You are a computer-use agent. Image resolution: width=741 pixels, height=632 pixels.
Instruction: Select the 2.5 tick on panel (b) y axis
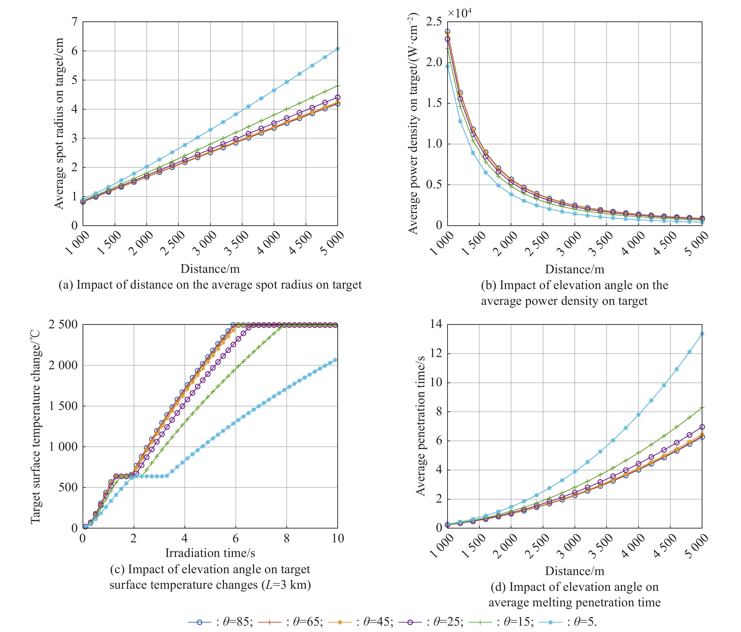[x=434, y=22]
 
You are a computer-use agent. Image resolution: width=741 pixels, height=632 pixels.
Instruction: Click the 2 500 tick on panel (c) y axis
[x=63, y=325]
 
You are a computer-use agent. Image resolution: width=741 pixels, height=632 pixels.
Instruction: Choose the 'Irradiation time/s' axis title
[x=210, y=553]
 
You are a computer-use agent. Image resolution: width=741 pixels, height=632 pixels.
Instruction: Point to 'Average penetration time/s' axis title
[x=421, y=426]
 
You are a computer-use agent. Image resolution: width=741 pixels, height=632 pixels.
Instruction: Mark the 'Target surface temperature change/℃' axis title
[x=35, y=427]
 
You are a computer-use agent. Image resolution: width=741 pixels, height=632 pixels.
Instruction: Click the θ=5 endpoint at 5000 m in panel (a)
[x=338, y=49]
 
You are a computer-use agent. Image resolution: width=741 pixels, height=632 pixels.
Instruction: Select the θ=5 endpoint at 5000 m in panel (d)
[x=702, y=334]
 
